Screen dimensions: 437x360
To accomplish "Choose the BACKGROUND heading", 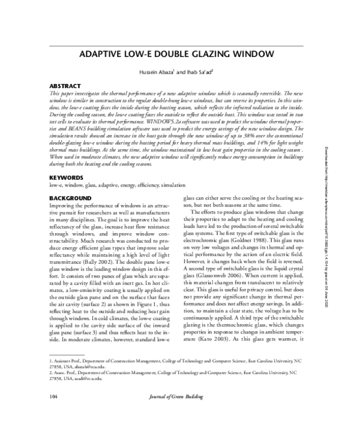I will coord(70,198).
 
